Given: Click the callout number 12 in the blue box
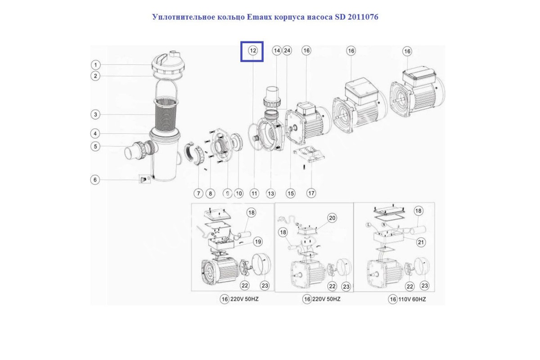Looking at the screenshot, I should pyautogui.click(x=253, y=51).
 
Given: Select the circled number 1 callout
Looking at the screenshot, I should pyautogui.click(x=95, y=64).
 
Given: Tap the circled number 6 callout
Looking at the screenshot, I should pyautogui.click(x=95, y=180).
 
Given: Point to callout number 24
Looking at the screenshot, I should pyautogui.click(x=287, y=51).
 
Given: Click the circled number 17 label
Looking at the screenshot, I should pyautogui.click(x=311, y=193).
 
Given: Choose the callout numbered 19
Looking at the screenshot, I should pyautogui.click(x=257, y=242).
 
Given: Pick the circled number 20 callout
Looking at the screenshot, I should pyautogui.click(x=332, y=218).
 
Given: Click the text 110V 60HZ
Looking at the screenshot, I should pyautogui.click(x=412, y=299).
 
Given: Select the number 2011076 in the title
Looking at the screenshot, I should pyautogui.click(x=362, y=17).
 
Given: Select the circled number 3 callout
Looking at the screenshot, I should pyautogui.click(x=95, y=115).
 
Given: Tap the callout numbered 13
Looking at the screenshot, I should pyautogui.click(x=270, y=193).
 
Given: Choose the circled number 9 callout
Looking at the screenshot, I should pyautogui.click(x=227, y=193).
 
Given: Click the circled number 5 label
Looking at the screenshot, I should pyautogui.click(x=95, y=146).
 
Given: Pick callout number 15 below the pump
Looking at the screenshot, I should pyautogui.click(x=291, y=193).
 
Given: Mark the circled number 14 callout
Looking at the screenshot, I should pyautogui.click(x=276, y=51).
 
